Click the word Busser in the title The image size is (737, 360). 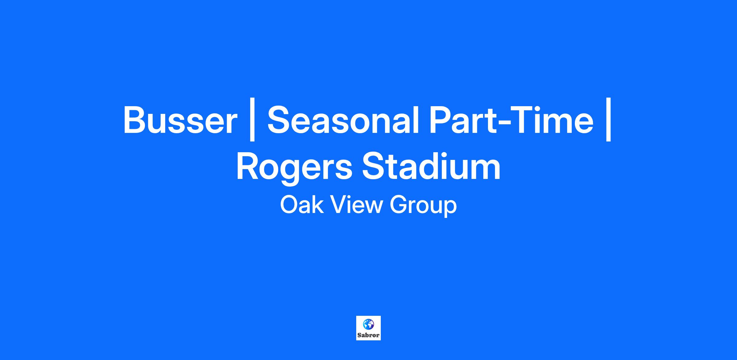pyautogui.click(x=180, y=120)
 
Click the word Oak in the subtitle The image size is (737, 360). pyautogui.click(x=302, y=205)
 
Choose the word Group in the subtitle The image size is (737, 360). pyautogui.click(x=423, y=207)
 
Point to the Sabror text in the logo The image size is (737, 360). pyautogui.click(x=368, y=335)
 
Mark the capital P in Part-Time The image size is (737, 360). pyautogui.click(x=441, y=120)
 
